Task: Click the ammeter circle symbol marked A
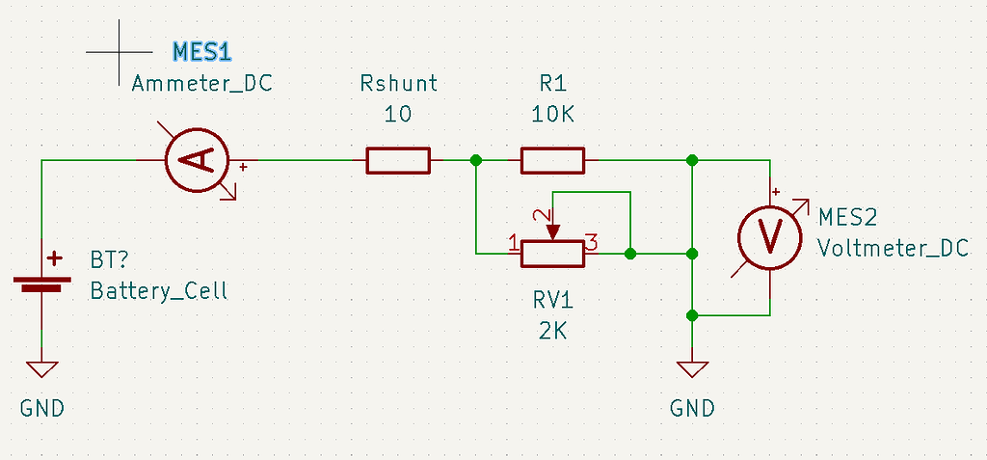click(198, 160)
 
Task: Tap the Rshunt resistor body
click(397, 160)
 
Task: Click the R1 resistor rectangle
click(552, 160)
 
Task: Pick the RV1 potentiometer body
click(552, 254)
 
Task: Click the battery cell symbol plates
click(42, 283)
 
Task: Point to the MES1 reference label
click(203, 51)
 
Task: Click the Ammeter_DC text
click(201, 83)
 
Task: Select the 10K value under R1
click(552, 115)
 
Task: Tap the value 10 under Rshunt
click(397, 115)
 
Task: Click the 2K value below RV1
click(552, 331)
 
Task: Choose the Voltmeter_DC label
click(893, 248)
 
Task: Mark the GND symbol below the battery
click(42, 369)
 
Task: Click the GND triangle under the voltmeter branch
click(692, 369)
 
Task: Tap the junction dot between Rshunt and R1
click(475, 160)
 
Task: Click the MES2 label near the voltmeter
click(847, 217)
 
